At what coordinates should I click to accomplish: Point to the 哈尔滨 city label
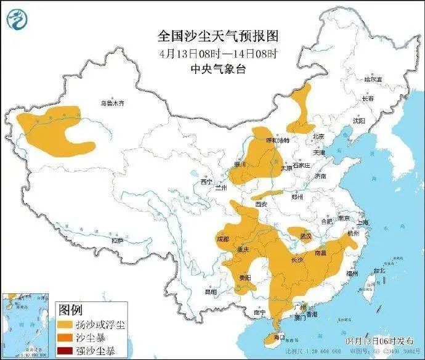pos(373,80)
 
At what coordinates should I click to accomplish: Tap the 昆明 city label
pos(211,291)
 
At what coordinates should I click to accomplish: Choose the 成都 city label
pos(222,238)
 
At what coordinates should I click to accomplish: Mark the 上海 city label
pos(363,223)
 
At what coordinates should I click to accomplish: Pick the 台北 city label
pos(379,270)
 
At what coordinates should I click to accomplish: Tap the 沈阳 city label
pos(358,121)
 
